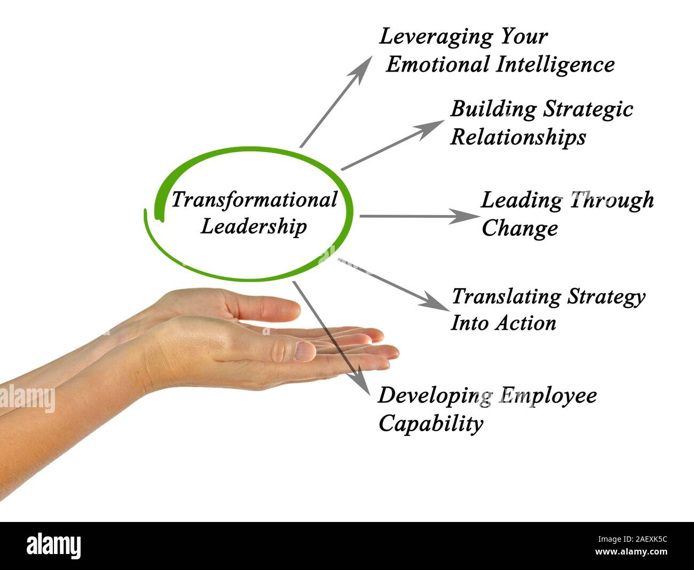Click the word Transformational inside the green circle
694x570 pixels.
(254, 200)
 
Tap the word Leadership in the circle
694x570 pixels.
(254, 226)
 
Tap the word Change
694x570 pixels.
(519, 229)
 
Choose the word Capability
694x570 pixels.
(430, 424)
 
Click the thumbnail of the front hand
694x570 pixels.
(304, 351)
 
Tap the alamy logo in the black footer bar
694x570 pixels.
(53, 546)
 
